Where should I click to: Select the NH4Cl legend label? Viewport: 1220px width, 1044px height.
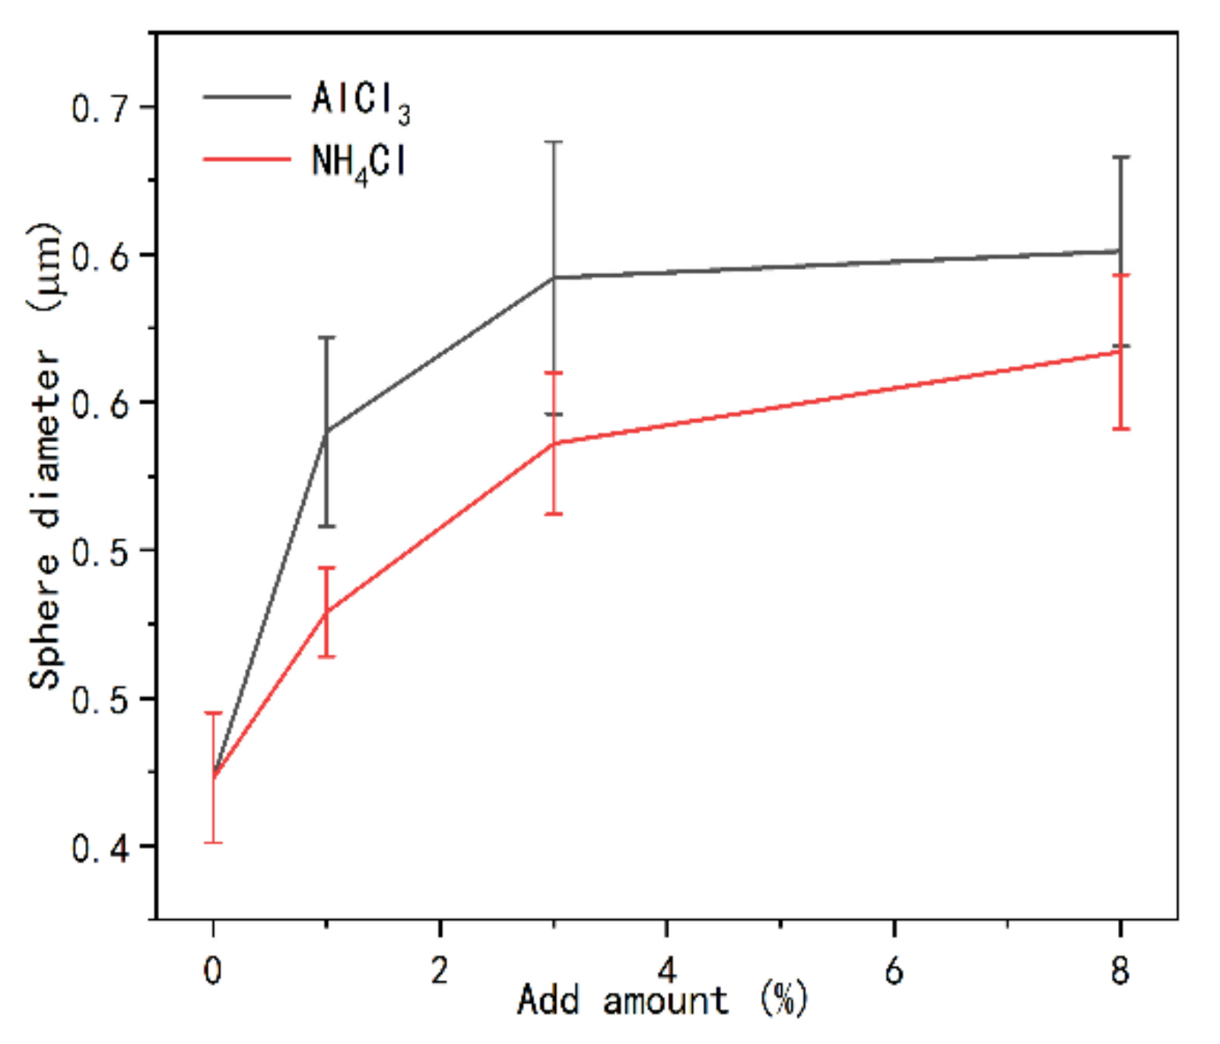pos(359,162)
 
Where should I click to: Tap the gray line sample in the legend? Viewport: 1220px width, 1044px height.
pos(246,97)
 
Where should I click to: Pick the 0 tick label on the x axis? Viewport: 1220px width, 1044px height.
pos(213,972)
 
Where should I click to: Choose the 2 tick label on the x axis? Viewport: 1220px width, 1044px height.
pos(440,970)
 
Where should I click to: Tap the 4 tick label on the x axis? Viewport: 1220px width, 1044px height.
pos(666,970)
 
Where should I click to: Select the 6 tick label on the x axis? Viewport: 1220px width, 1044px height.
pos(894,970)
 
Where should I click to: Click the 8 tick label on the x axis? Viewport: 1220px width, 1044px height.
pos(1120,970)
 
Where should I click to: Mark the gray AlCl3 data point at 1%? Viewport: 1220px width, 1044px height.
pos(326,431)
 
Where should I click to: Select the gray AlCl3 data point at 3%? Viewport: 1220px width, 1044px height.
pos(554,278)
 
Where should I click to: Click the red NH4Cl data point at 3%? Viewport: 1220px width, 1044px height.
pos(554,443)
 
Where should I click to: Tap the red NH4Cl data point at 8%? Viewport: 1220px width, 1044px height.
pos(1120,352)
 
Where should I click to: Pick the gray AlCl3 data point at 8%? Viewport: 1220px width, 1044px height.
pos(1120,250)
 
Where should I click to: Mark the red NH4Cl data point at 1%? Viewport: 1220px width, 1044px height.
pos(326,612)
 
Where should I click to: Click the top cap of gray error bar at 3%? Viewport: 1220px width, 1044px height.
pos(554,142)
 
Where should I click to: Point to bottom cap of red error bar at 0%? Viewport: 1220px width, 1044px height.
pos(213,842)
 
